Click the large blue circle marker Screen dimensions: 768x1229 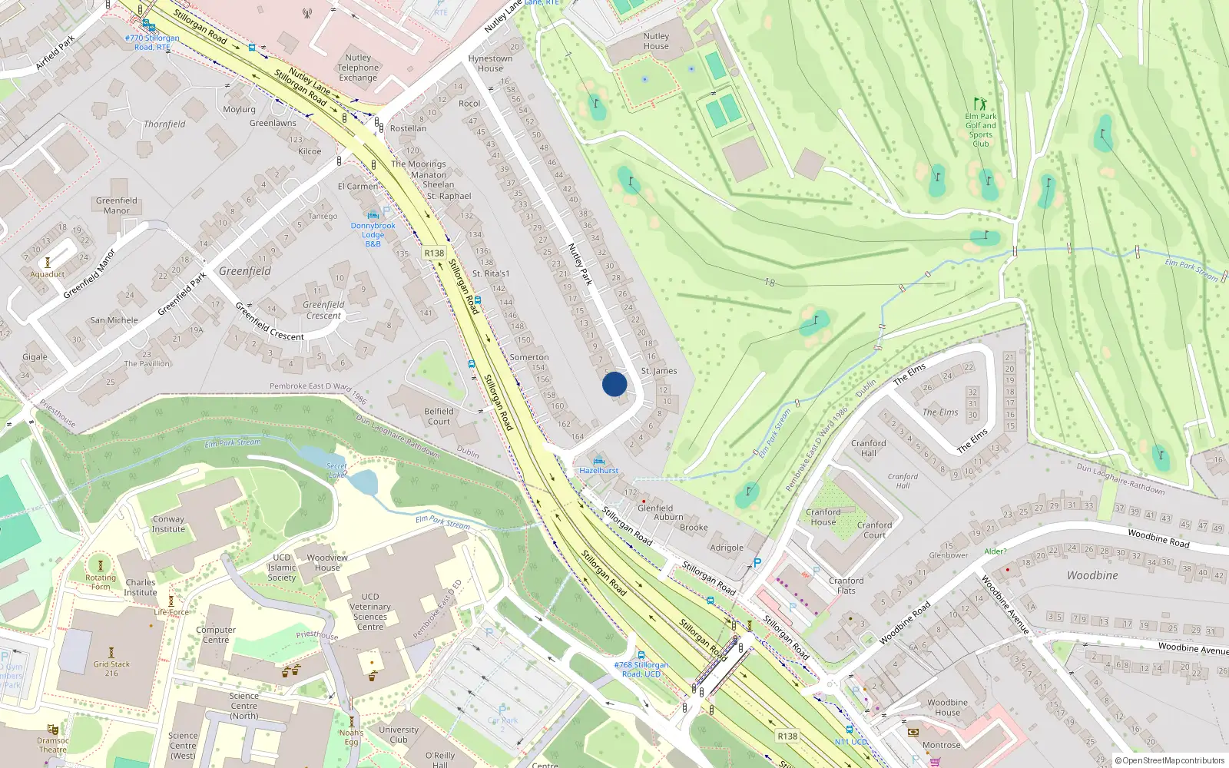[614, 384]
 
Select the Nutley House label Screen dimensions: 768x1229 [656, 41]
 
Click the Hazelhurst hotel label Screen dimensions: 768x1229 [598, 470]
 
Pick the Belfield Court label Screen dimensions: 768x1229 [439, 416]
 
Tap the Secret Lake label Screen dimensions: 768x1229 [336, 470]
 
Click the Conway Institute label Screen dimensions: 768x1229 [168, 524]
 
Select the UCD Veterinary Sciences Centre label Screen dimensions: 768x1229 [370, 611]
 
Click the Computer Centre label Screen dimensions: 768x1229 [216, 634]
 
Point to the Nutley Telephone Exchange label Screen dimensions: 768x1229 [358, 68]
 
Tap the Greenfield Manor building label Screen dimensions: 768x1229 [117, 205]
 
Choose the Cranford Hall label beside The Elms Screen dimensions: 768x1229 [868, 448]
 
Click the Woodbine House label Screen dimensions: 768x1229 [947, 707]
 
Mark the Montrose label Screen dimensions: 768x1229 [942, 745]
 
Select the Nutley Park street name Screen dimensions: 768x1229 [580, 264]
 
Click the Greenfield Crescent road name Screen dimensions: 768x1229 [270, 322]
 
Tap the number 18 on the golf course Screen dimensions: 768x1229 [769, 283]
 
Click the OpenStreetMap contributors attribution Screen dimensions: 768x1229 [1169, 760]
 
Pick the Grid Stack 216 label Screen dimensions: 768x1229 [111, 668]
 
